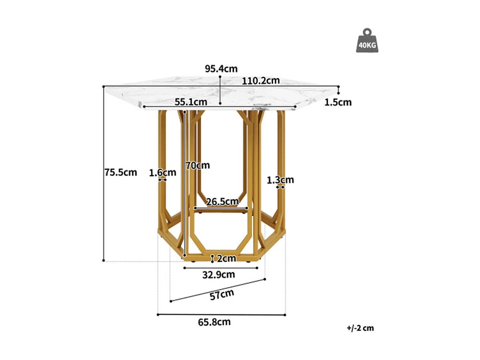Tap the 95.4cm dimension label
221,69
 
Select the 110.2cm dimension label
260,81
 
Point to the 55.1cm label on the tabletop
191,102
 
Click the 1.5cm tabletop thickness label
338,102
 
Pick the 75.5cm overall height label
121,172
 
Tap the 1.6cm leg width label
163,173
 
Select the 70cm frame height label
198,165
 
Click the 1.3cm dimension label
280,180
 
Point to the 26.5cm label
222,202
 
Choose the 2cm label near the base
226,258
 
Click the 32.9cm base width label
219,275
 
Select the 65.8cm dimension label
214,322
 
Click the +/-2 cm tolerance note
360,328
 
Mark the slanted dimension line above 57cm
218,290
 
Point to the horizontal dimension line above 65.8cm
221,315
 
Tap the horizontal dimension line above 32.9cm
221,268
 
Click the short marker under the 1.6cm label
163,180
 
